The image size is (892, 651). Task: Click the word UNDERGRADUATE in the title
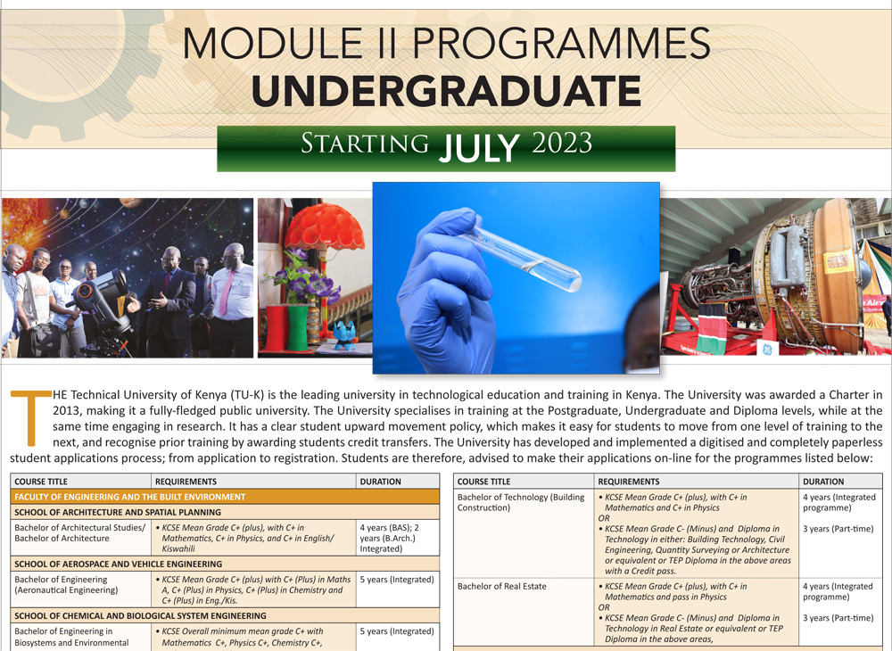pyautogui.click(x=446, y=91)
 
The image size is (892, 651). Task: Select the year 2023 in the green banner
pyautogui.click(x=562, y=144)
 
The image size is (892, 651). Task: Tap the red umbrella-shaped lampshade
pyautogui.click(x=325, y=226)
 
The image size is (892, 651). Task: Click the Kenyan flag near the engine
pyautogui.click(x=711, y=329)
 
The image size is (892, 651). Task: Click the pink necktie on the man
pyautogui.click(x=227, y=293)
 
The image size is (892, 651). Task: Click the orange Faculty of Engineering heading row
pyautogui.click(x=225, y=497)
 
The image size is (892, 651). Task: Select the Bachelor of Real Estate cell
pyautogui.click(x=524, y=613)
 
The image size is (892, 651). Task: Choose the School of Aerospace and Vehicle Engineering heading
pyautogui.click(x=225, y=564)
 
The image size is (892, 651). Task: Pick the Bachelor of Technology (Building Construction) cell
pyautogui.click(x=524, y=533)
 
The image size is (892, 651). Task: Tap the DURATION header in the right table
pyautogui.click(x=823, y=481)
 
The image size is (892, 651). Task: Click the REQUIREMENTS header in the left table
pyautogui.click(x=186, y=481)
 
